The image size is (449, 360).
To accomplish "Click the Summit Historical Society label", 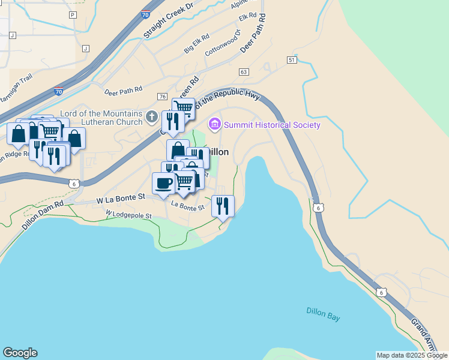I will point(272,125).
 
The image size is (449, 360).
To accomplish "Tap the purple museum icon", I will point(214,125).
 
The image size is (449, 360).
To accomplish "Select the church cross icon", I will point(152,116).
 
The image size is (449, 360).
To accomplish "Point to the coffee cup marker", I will point(163,184).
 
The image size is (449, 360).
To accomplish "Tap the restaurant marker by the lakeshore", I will point(223,206).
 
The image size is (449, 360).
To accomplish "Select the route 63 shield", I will point(243,72).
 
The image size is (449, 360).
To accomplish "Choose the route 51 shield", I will point(292,60).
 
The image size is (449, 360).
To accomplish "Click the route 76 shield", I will point(162,97).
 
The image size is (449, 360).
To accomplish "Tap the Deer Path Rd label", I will point(123,91).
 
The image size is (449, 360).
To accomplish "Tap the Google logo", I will point(20,353).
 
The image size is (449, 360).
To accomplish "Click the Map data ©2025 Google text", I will point(412,355).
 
